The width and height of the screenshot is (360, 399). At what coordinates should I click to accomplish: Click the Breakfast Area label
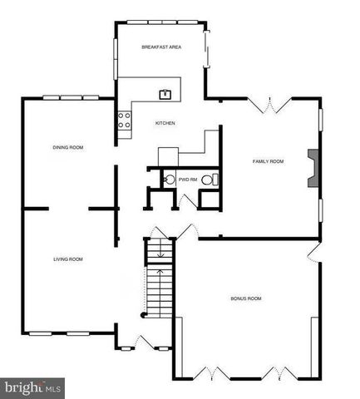click(x=161, y=47)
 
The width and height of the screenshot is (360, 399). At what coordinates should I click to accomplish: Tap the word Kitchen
click(x=165, y=124)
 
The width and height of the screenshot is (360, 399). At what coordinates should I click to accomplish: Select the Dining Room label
click(x=67, y=147)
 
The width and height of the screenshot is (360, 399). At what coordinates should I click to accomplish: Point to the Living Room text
click(x=67, y=259)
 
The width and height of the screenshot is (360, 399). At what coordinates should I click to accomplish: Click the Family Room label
click(x=269, y=161)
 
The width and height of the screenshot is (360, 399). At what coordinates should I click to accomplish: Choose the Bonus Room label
click(x=246, y=298)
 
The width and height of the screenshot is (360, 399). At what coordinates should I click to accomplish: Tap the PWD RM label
click(x=187, y=180)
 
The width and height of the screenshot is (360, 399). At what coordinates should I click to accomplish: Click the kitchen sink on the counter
click(x=165, y=93)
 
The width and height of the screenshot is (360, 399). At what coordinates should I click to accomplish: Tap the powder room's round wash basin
click(x=169, y=180)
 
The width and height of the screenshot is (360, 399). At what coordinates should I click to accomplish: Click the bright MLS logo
click(x=33, y=387)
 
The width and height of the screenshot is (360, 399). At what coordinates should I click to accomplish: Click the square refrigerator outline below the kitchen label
click(x=169, y=155)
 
